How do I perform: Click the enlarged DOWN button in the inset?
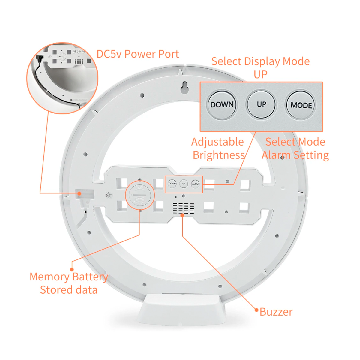click(x=222, y=105)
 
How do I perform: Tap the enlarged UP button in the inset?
click(x=261, y=104)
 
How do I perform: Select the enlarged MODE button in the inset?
click(x=301, y=105)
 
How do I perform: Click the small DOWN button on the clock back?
click(x=172, y=184)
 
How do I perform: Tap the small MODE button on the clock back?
click(x=195, y=184)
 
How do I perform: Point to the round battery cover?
click(x=139, y=196)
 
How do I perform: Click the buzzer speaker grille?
click(x=183, y=208)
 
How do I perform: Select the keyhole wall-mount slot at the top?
click(x=184, y=87)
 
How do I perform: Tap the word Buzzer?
click(x=276, y=312)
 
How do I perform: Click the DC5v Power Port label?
click(x=138, y=54)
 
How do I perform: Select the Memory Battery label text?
click(x=69, y=277)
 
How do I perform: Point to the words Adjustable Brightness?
click(x=218, y=148)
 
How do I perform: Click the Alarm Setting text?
click(x=295, y=155)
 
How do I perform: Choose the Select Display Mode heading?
click(x=260, y=61)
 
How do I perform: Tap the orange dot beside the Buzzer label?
click(x=256, y=310)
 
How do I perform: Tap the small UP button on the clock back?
click(x=184, y=184)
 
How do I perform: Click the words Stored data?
click(x=69, y=290)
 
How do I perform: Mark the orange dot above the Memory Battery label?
click(x=72, y=269)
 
